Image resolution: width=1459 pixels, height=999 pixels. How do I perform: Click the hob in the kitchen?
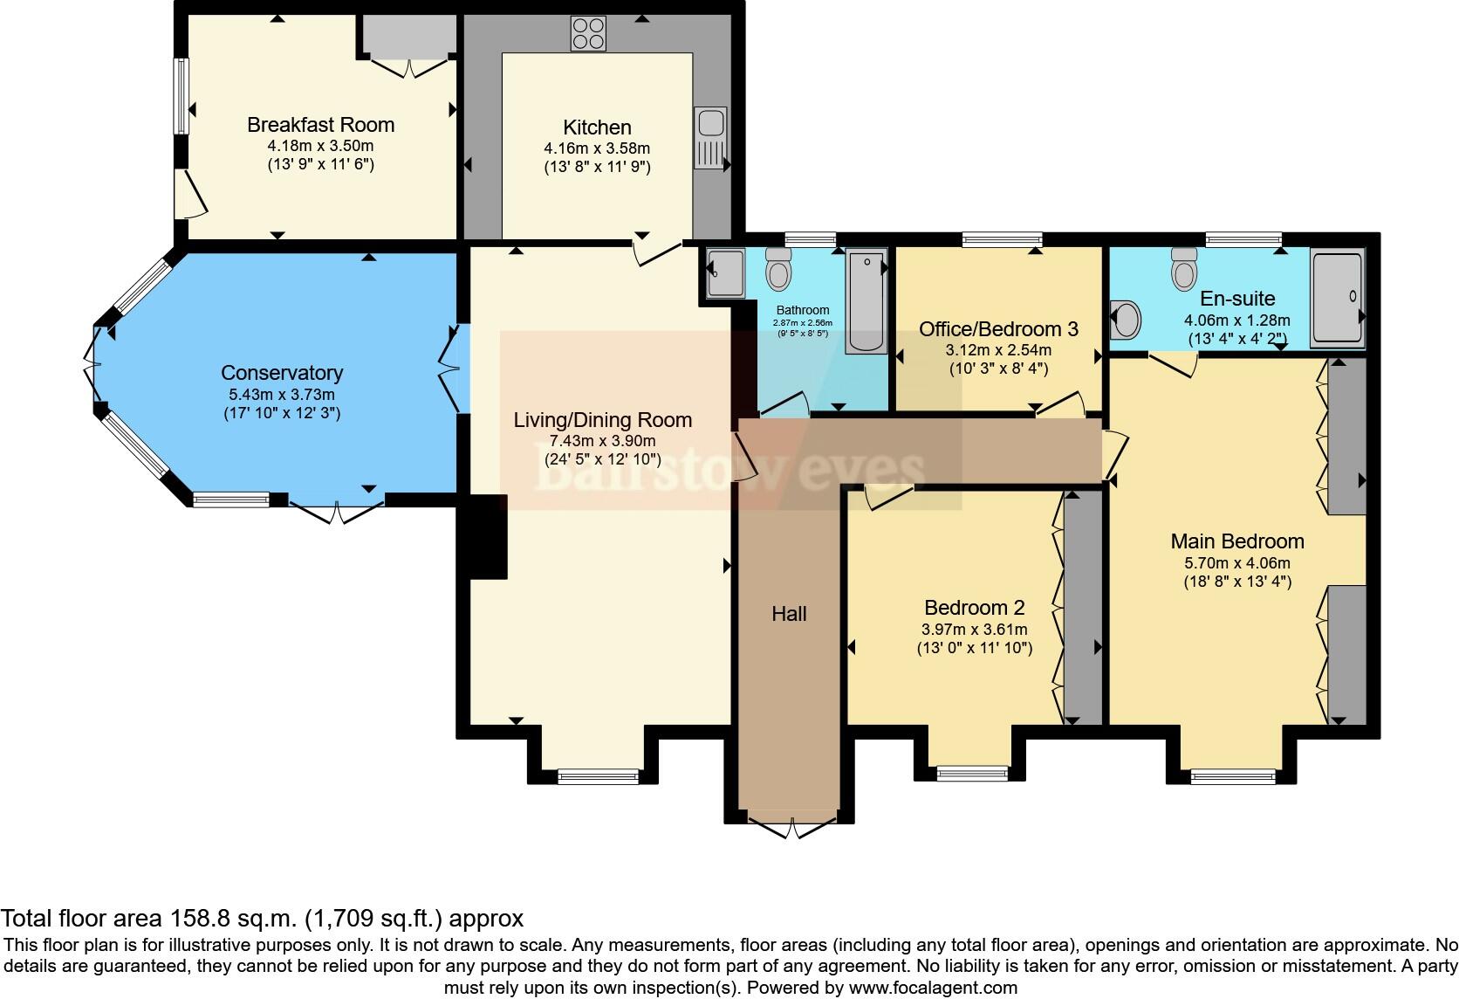pyautogui.click(x=588, y=34)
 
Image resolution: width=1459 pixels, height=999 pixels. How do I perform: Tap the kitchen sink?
pyautogui.click(x=710, y=139)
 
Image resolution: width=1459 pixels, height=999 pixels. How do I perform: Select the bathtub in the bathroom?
pyautogui.click(x=866, y=300)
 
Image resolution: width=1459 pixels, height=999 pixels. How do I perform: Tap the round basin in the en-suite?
pyautogui.click(x=1126, y=320)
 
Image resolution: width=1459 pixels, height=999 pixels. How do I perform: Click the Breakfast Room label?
pyautogui.click(x=320, y=125)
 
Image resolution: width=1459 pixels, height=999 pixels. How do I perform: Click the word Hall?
pyautogui.click(x=789, y=614)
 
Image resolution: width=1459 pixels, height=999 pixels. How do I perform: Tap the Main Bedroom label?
pyautogui.click(x=1236, y=541)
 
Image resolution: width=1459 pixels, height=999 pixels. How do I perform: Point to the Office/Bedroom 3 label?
pyautogui.click(x=998, y=329)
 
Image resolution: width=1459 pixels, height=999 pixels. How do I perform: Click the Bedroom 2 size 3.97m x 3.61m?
pyautogui.click(x=974, y=629)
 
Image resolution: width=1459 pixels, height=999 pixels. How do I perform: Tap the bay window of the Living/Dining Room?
pyautogui.click(x=598, y=774)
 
